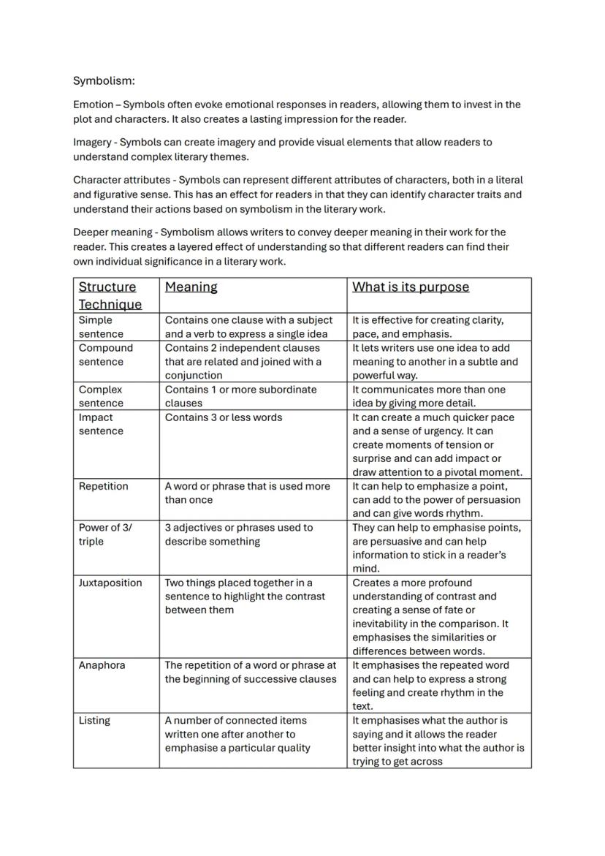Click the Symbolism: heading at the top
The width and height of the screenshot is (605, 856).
click(x=104, y=80)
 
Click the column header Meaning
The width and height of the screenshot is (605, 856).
click(x=191, y=287)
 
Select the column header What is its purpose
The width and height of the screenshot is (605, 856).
click(x=410, y=287)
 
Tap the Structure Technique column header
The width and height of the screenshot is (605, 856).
click(x=110, y=295)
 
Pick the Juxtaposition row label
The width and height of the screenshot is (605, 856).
click(x=110, y=583)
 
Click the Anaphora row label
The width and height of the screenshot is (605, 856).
click(x=102, y=665)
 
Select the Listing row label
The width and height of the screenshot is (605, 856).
click(x=94, y=720)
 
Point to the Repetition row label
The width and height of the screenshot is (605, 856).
click(x=103, y=486)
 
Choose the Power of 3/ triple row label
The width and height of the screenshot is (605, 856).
click(x=105, y=534)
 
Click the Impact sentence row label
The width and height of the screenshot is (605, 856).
click(x=101, y=424)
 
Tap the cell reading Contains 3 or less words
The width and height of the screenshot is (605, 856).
click(x=223, y=417)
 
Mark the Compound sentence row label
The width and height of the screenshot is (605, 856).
click(x=106, y=355)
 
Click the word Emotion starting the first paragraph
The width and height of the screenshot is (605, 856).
click(x=93, y=105)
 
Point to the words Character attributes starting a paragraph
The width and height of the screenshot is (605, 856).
click(x=121, y=180)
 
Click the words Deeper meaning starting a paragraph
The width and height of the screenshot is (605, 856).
click(x=112, y=232)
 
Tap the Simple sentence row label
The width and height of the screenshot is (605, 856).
click(x=101, y=327)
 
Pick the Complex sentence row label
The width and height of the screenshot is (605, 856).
click(x=101, y=396)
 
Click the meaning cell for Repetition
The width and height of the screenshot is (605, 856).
click(x=247, y=493)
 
